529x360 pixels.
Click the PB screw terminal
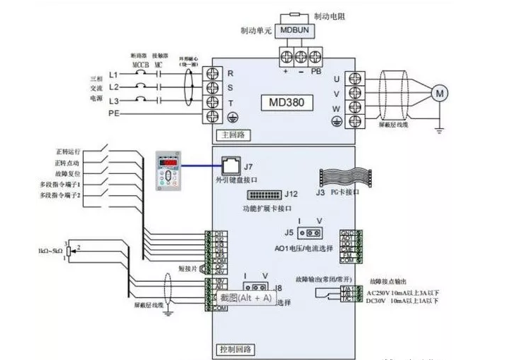click(316, 56)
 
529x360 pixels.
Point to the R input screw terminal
click(212, 73)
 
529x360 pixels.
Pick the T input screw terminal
click(212, 104)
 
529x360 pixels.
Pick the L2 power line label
click(115, 87)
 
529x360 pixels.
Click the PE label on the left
click(114, 113)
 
